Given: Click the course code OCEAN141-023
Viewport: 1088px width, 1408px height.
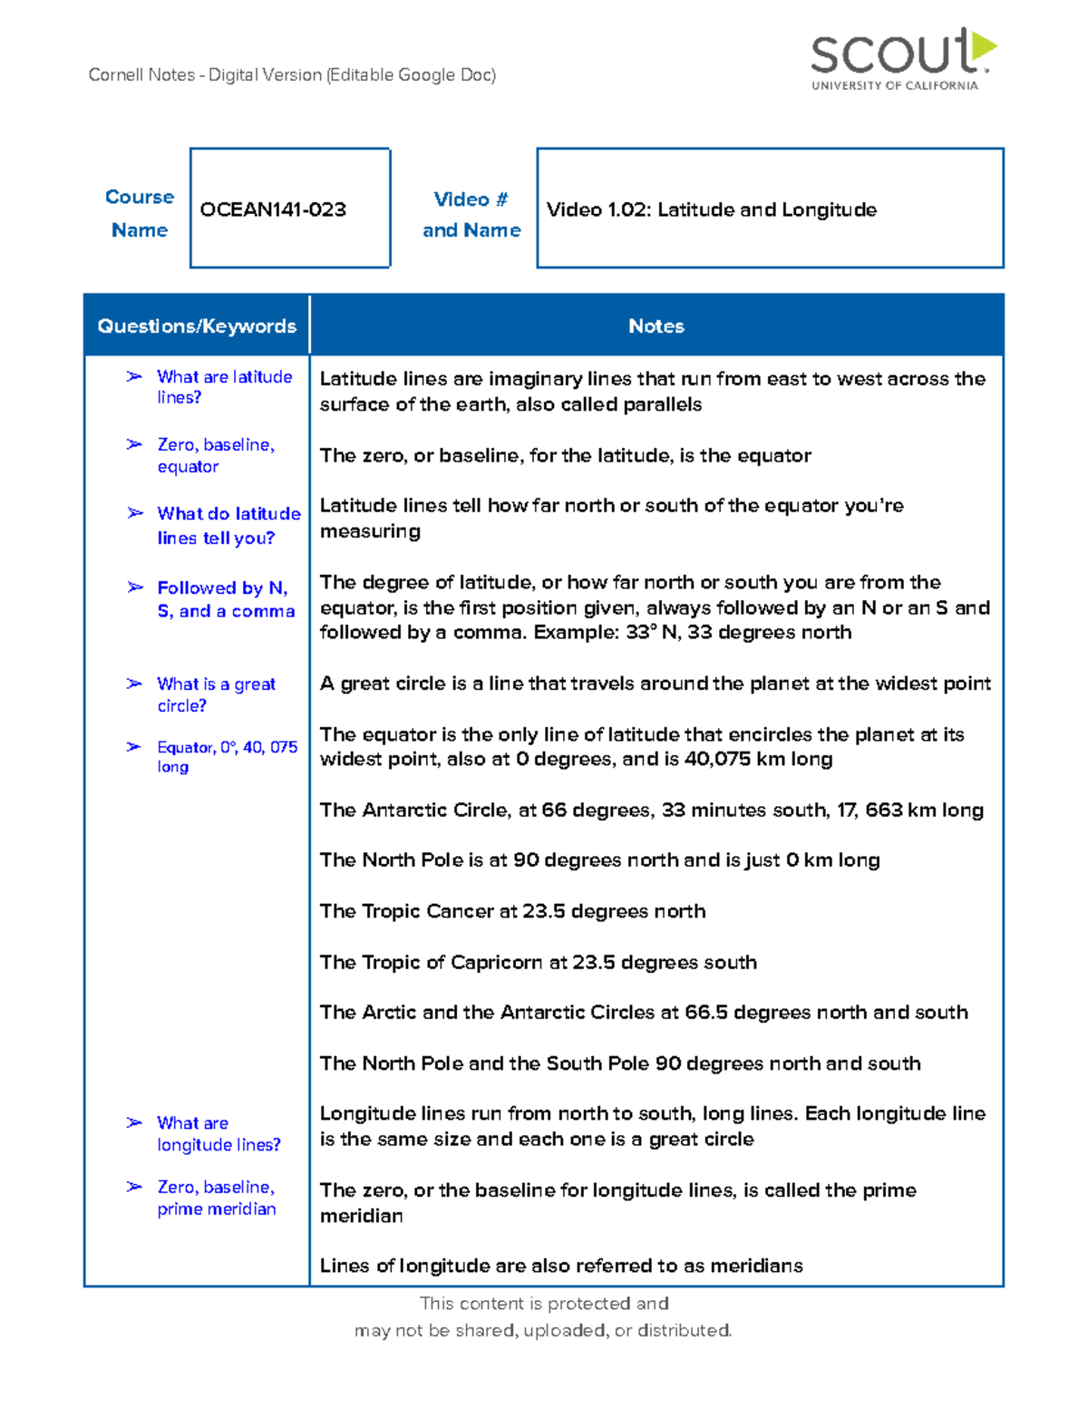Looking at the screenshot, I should pos(273,209).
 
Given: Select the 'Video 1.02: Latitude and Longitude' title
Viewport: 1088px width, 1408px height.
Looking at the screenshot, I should pos(711,209).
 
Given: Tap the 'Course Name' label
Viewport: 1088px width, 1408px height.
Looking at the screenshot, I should pos(139,213).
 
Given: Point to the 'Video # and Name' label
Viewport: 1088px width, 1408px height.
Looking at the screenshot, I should pos(471,214).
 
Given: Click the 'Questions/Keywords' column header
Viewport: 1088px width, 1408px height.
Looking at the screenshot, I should pos(197,325).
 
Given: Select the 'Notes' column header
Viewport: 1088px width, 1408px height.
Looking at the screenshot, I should pos(656,325).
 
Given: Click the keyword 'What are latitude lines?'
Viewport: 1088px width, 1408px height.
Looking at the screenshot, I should pos(223,387).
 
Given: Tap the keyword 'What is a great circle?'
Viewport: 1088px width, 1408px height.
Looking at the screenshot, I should pos(216,694).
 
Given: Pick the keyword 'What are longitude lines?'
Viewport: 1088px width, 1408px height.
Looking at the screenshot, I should pos(218,1133).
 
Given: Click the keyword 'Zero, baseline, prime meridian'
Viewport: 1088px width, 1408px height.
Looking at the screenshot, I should pos(216,1198).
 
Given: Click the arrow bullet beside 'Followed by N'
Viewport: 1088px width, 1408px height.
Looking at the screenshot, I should pos(135,587).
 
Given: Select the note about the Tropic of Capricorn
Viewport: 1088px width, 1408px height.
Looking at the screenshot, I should pos(538,962).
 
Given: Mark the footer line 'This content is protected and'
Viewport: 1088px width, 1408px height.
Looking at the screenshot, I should pos(544,1303).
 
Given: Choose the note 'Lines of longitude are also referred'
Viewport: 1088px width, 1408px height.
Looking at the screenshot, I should pos(561,1266).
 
